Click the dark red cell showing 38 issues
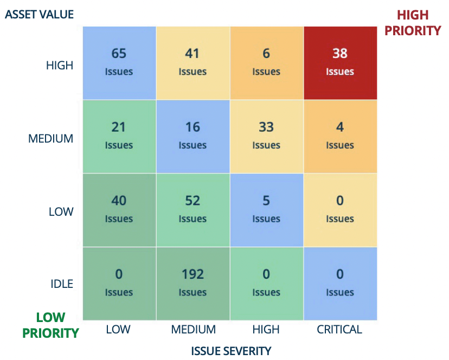coord(340,62)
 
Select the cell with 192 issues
coord(193,282)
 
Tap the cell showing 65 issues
coord(119,62)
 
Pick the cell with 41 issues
coord(193,62)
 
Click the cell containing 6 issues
coord(266,62)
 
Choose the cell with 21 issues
coord(119,136)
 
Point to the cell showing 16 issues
coord(193,136)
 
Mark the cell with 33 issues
coord(266,136)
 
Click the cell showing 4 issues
coord(340,136)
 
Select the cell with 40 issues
coord(119,209)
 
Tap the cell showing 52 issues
coord(193,209)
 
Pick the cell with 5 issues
coord(266,209)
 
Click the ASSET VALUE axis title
coord(39,14)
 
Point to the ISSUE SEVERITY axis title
coord(231,351)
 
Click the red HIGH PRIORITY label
coord(413,23)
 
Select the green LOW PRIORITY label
coord(50,325)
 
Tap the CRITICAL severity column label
coord(340,329)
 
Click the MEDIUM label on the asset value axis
coord(50,139)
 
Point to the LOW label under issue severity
coord(119,329)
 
